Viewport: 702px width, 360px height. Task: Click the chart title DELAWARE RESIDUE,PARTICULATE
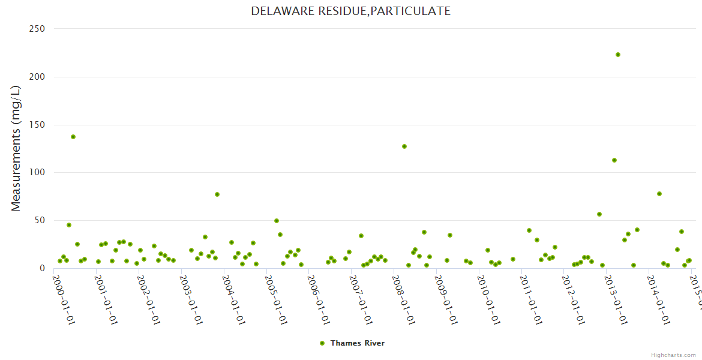coord(350,11)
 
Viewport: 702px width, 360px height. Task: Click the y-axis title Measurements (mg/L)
coord(16,148)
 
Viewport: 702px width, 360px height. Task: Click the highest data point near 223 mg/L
coord(618,55)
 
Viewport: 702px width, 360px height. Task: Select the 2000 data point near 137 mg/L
coord(73,137)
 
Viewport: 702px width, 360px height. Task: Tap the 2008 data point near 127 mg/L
coord(404,146)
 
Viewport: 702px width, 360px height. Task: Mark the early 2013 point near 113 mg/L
coord(614,160)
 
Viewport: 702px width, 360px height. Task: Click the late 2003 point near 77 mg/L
coord(217,194)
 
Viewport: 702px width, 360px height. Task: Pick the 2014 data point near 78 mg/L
coord(659,194)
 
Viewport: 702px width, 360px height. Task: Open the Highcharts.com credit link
coord(673,355)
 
